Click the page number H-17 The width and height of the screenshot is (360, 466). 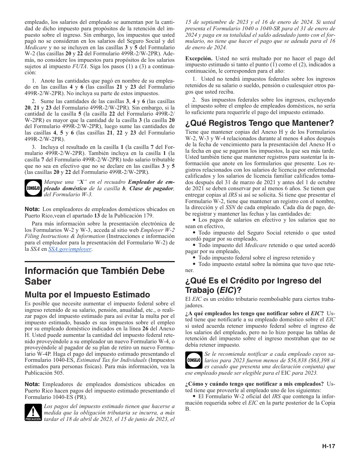329,446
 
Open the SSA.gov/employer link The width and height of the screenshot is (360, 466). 70,249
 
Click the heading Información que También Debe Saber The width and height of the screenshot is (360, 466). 95,276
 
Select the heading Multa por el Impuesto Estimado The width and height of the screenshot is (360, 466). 87,295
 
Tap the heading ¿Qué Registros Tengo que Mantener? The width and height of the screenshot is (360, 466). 260,123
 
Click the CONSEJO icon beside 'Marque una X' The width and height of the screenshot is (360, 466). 33,188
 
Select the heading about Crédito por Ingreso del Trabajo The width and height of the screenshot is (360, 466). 253,285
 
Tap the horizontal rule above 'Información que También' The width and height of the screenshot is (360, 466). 100,262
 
